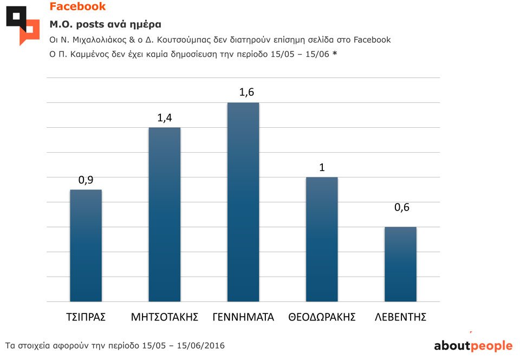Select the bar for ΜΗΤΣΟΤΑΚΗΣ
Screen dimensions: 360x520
click(164, 214)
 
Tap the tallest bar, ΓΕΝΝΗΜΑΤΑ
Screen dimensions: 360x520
click(243, 202)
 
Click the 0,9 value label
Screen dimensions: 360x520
click(86, 180)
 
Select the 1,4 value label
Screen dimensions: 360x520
click(165, 118)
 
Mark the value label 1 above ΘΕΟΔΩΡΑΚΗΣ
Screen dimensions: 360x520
click(322, 167)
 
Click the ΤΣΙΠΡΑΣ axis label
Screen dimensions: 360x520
click(86, 317)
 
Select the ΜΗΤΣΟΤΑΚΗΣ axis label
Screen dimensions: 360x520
click(165, 317)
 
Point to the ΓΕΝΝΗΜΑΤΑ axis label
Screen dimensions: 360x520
click(243, 317)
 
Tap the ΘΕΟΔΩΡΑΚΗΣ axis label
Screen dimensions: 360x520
click(322, 317)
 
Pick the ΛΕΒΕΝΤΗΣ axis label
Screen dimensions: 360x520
click(400, 317)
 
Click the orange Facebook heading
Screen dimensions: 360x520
click(77, 7)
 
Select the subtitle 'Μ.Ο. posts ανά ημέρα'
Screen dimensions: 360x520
click(105, 24)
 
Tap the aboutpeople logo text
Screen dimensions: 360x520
click(473, 346)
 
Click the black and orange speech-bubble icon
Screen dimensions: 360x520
click(23, 25)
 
